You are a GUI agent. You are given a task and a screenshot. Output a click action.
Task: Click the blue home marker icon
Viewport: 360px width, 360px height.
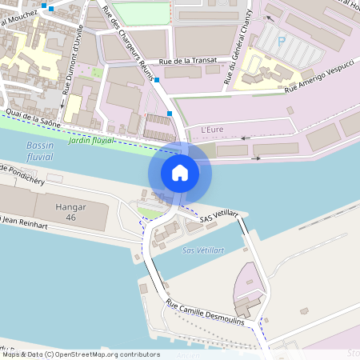point(179,172)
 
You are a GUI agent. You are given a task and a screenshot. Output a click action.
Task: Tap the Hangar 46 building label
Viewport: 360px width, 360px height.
point(71,212)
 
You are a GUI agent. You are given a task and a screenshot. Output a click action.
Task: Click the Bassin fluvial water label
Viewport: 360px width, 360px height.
point(39,151)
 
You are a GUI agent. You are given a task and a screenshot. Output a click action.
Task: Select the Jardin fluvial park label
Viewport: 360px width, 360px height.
point(92,140)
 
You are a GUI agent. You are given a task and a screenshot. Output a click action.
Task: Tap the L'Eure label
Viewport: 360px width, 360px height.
point(212,130)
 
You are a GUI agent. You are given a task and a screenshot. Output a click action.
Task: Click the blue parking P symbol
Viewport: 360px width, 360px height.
point(282,37)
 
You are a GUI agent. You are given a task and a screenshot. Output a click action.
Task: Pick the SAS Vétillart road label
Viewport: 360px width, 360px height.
point(218,217)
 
